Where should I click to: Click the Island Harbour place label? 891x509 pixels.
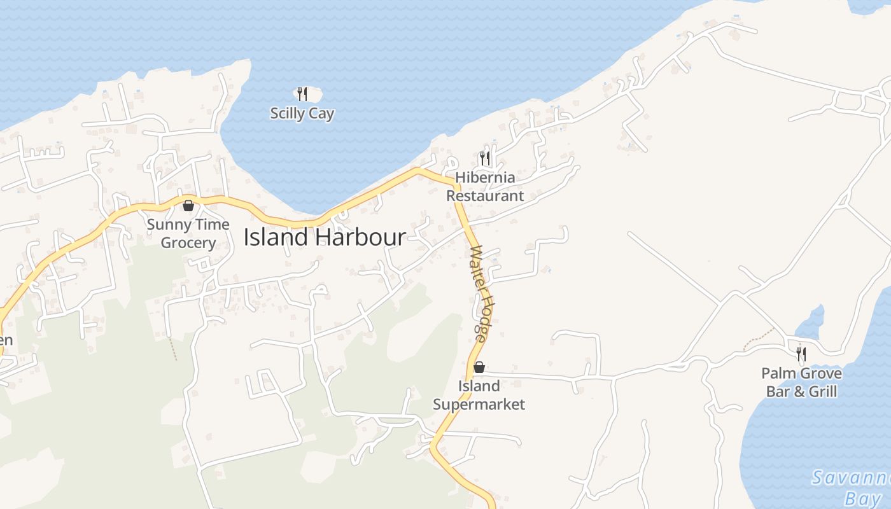(325, 237)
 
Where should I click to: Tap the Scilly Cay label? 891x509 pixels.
(302, 114)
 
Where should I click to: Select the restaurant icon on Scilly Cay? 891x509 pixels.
(302, 94)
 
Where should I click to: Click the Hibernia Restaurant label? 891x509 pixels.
(485, 186)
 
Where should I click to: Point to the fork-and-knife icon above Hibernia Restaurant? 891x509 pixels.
(485, 158)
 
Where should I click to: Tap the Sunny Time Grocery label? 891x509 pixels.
(188, 234)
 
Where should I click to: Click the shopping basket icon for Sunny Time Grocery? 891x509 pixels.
(188, 206)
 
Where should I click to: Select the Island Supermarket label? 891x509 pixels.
(479, 395)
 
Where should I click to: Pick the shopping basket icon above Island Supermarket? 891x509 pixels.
(479, 367)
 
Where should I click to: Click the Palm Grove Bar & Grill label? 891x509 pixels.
(801, 382)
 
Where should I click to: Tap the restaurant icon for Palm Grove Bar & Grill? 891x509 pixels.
(801, 354)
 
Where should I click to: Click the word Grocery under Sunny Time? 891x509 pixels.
(188, 243)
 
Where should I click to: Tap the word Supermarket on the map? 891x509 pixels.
(479, 404)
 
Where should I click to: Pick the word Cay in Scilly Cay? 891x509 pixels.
(321, 114)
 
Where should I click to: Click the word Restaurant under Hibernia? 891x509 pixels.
(485, 196)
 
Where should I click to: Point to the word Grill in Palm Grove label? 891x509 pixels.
(823, 391)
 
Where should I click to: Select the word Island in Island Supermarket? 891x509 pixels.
(479, 386)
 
